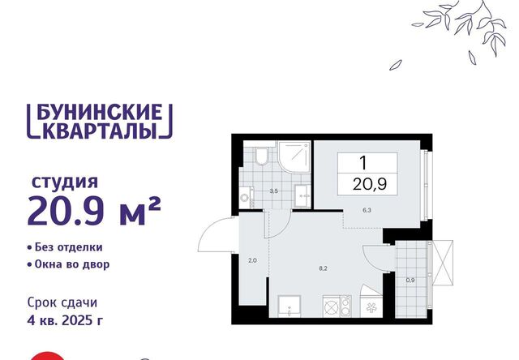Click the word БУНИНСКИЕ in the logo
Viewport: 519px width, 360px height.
tap(99, 112)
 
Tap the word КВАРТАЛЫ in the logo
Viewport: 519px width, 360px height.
tap(99, 130)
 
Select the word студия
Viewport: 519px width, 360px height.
tap(65, 182)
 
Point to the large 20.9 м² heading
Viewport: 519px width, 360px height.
tap(94, 210)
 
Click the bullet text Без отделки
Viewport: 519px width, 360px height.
tap(69, 247)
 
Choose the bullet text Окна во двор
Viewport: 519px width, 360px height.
tap(72, 264)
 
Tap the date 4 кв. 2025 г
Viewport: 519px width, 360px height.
tap(65, 320)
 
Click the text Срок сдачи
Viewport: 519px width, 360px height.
tap(62, 302)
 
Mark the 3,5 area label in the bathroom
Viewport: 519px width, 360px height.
tap(273, 191)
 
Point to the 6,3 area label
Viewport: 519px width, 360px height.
tap(367, 210)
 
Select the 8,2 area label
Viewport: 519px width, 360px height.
tap(323, 268)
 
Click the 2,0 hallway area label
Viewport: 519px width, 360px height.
tap(252, 260)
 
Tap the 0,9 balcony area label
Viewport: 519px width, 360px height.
tap(410, 280)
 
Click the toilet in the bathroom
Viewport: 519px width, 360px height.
tap(263, 156)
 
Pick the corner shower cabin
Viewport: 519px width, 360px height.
tap(294, 157)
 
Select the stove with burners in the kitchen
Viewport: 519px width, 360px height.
tap(337, 306)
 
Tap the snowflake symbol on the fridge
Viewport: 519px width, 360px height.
tap(371, 308)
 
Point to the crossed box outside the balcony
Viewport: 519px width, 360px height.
tap(443, 263)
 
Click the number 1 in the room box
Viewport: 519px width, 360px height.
tap(363, 163)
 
